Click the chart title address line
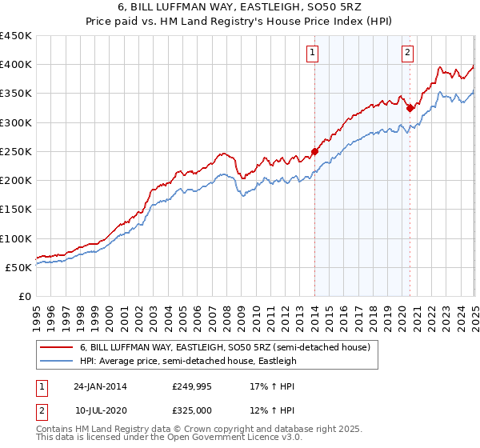(x=239, y=10)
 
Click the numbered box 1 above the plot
(x=311, y=54)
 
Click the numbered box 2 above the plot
(x=407, y=54)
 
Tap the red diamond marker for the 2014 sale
(x=314, y=151)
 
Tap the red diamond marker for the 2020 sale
(x=410, y=108)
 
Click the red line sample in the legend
(x=57, y=348)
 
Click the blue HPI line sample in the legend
(x=57, y=361)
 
